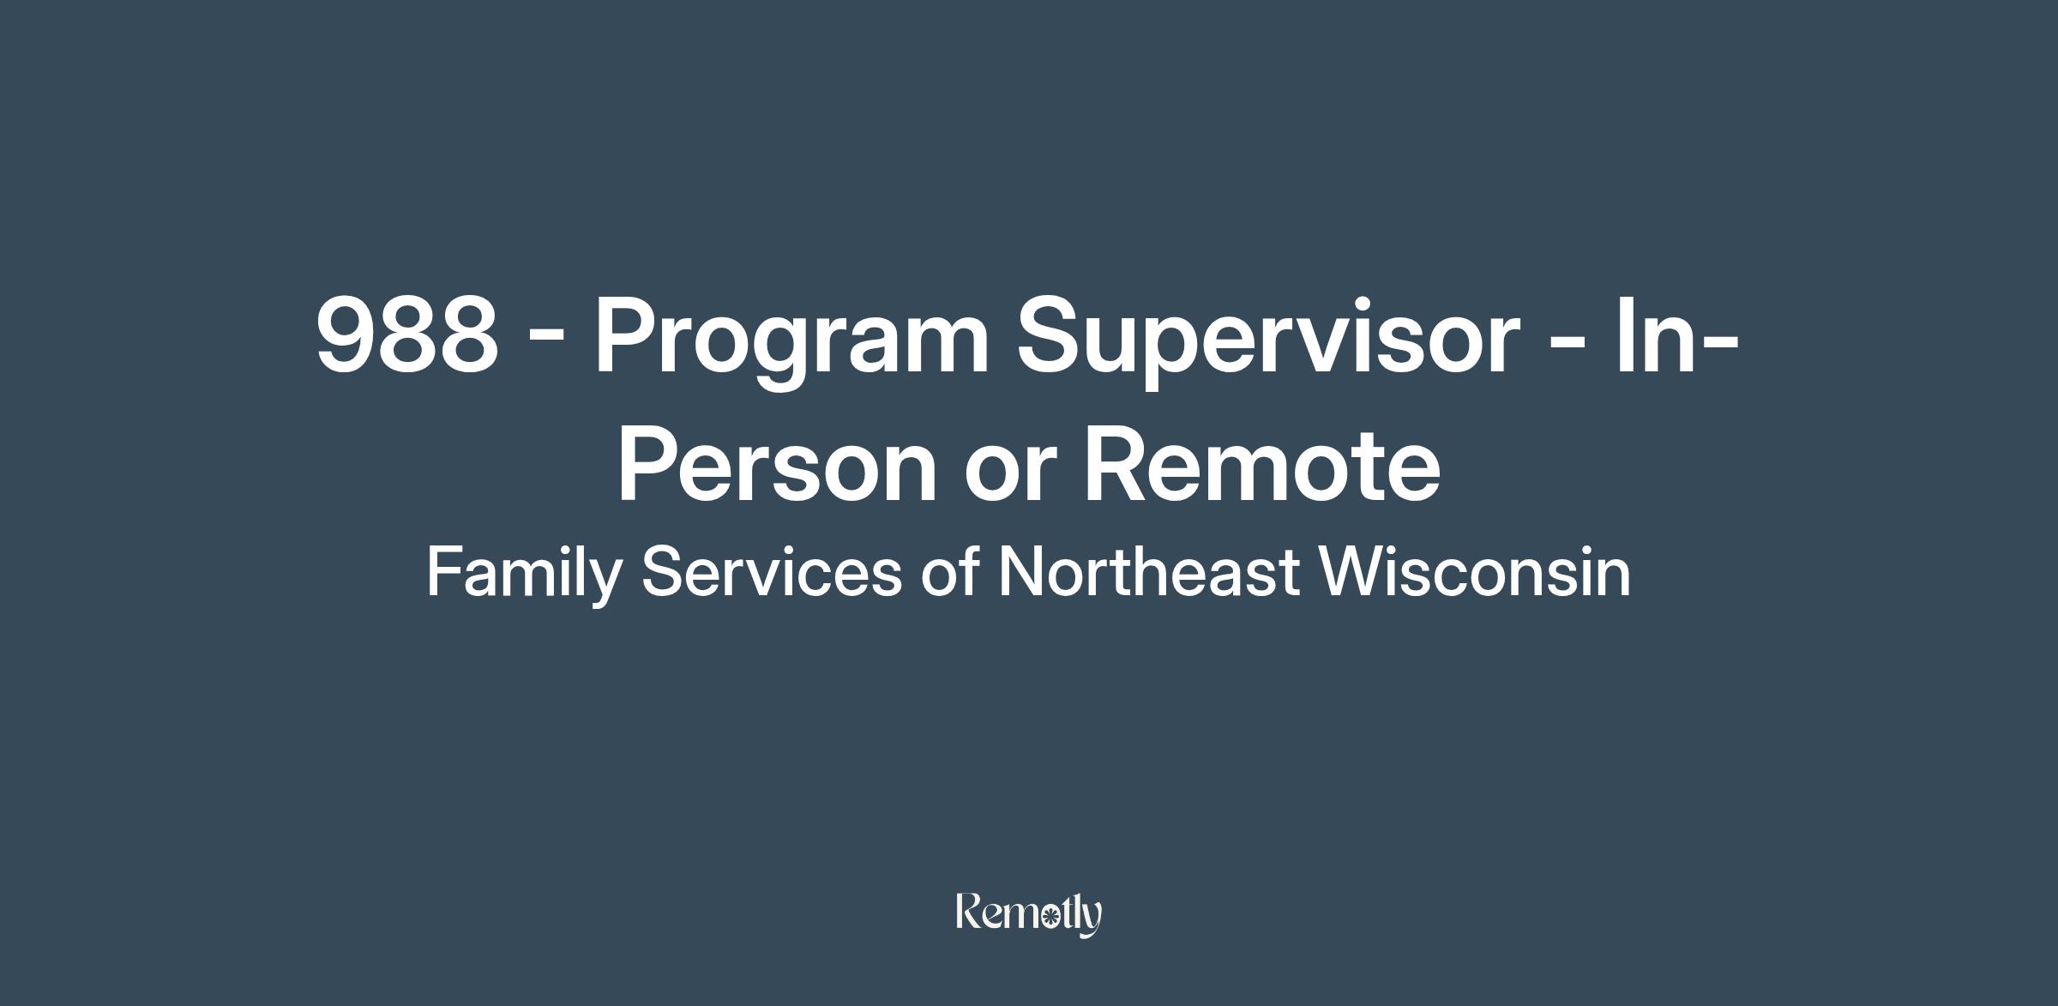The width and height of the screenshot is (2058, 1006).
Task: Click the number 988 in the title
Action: click(407, 334)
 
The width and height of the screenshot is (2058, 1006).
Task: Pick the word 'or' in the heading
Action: click(1006, 475)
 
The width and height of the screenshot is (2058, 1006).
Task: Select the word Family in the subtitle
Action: click(523, 573)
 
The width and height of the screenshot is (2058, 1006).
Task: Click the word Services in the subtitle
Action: click(772, 572)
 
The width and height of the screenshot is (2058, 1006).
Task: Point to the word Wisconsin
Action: click(1475, 572)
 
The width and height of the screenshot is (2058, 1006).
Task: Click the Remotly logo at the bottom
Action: click(1029, 914)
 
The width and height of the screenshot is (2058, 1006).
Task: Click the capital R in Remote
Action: click(1118, 464)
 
